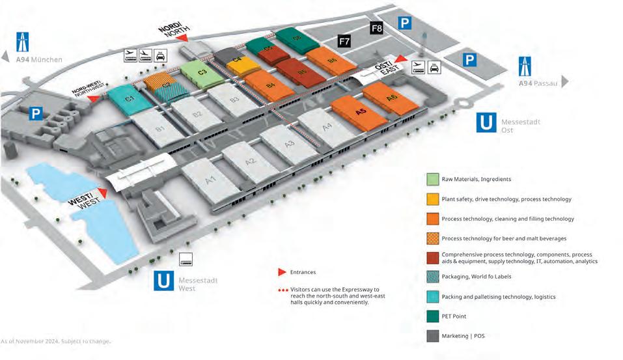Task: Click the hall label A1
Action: click(x=210, y=180)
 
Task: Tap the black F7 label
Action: click(x=345, y=42)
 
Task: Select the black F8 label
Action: click(x=377, y=28)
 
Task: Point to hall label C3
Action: click(x=202, y=72)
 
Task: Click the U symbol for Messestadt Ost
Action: click(x=486, y=122)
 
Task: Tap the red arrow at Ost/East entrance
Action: click(x=401, y=59)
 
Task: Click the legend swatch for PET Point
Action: click(x=432, y=317)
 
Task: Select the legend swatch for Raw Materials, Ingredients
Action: click(x=432, y=179)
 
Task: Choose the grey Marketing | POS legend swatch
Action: click(x=432, y=337)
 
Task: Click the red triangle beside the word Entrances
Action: click(x=282, y=272)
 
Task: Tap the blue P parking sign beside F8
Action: click(x=405, y=23)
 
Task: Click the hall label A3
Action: click(x=290, y=143)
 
